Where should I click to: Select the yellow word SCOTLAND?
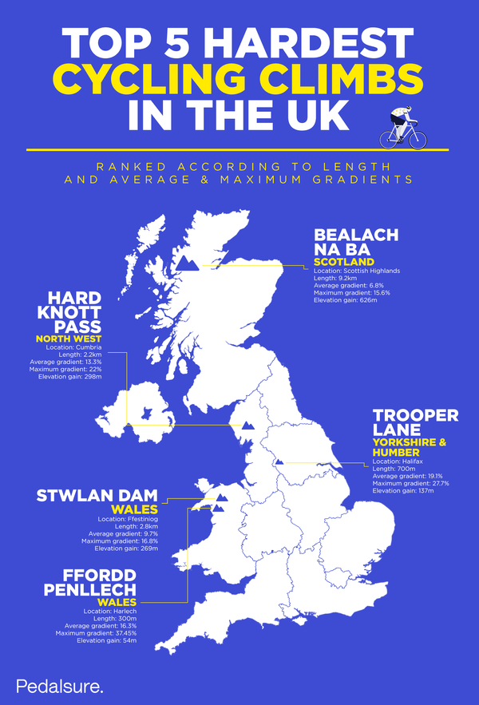(343, 261)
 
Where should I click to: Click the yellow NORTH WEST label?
(69, 339)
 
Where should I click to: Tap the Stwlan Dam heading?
(97, 496)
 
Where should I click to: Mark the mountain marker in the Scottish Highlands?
(188, 263)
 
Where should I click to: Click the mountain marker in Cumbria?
(248, 425)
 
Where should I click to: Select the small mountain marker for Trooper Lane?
(279, 461)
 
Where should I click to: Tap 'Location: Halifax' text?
(398, 461)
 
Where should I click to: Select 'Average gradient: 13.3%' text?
(73, 362)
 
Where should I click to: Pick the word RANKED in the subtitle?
(123, 166)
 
